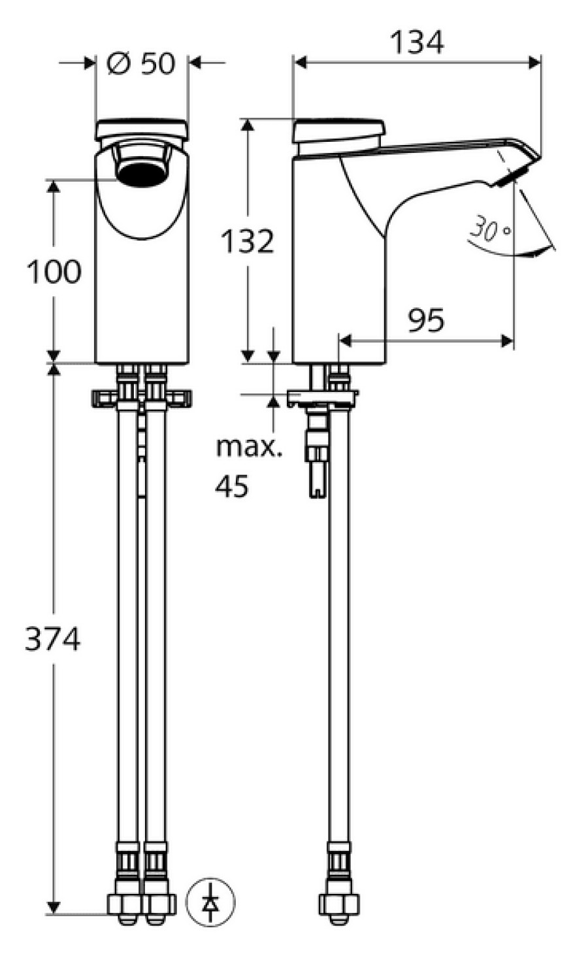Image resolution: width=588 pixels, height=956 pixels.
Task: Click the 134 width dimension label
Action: (417, 42)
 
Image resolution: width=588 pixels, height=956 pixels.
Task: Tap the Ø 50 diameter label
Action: (141, 63)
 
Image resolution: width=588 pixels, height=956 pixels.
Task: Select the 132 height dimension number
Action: (247, 241)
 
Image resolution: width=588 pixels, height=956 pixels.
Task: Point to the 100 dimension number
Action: (54, 271)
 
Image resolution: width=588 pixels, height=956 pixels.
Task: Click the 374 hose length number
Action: (52, 639)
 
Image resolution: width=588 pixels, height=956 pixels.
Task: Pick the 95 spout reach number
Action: (426, 320)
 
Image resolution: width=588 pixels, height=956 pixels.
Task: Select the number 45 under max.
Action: (231, 486)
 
